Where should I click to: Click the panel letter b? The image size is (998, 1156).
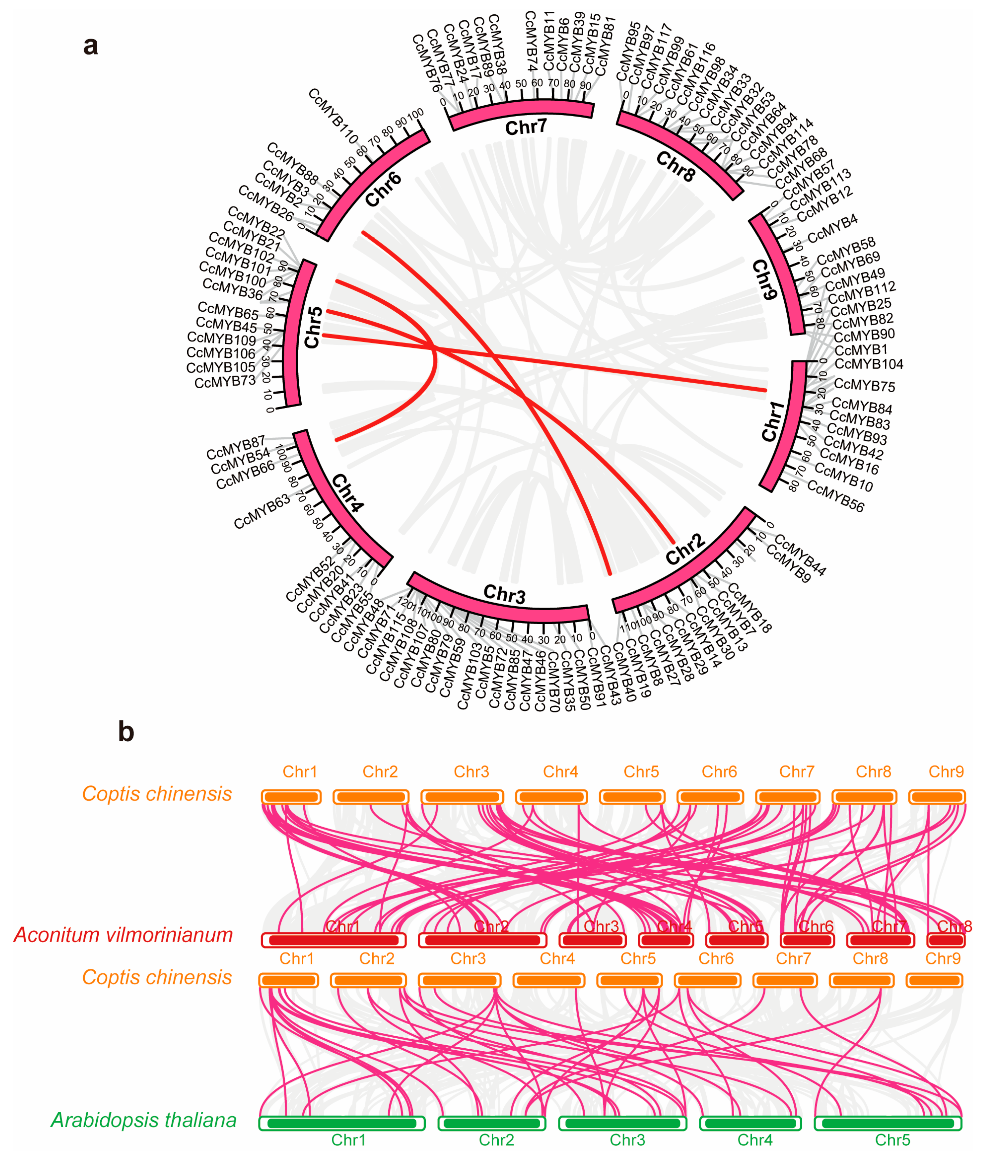coord(126,731)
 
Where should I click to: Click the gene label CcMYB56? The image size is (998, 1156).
coord(835,497)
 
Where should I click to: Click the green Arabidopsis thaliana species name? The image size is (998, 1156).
coord(143,1120)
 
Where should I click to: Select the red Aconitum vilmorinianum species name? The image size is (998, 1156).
coord(123,935)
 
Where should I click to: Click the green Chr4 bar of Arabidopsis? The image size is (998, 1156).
coord(750,1123)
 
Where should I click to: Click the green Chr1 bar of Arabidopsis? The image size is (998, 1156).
coord(341,1123)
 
